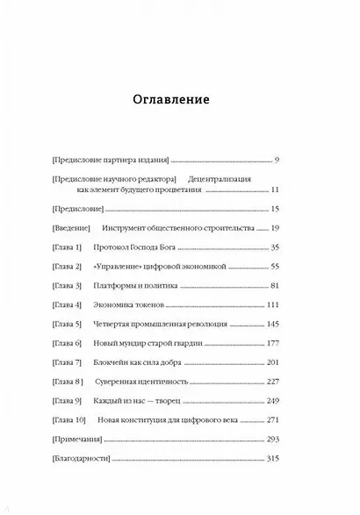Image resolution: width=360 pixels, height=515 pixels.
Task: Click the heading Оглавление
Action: pyautogui.click(x=179, y=98)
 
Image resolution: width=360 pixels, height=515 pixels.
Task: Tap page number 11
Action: pyautogui.click(x=274, y=189)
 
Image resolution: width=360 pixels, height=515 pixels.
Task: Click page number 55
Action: pyautogui.click(x=273, y=267)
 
